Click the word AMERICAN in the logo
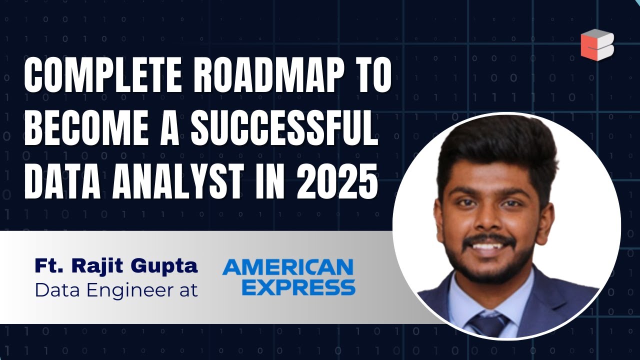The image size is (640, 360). click(288, 267)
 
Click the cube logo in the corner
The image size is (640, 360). click(597, 45)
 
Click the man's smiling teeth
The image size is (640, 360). click(488, 246)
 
